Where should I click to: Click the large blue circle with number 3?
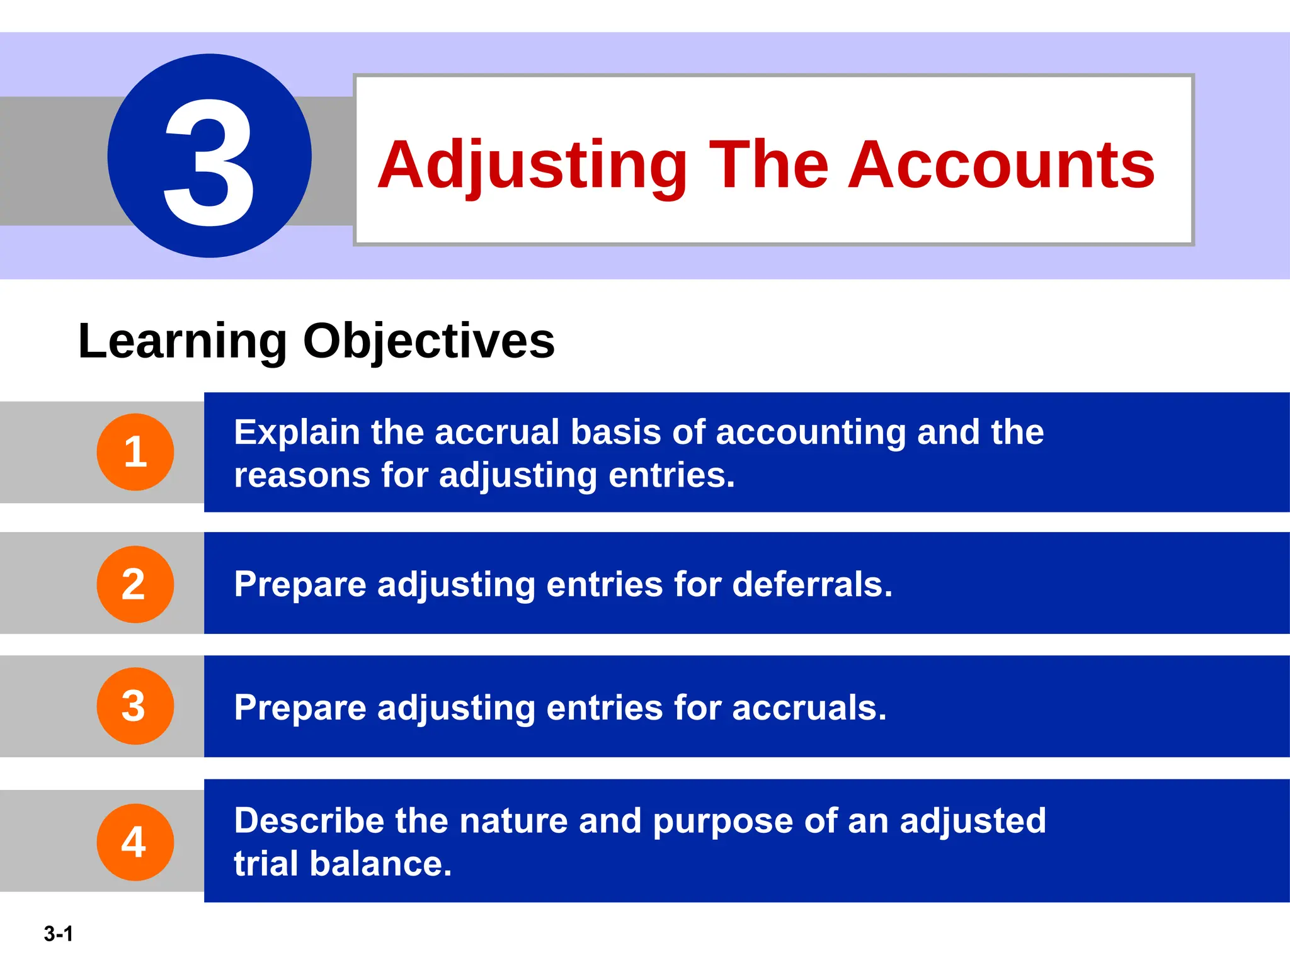click(209, 156)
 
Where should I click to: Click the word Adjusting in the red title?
click(533, 166)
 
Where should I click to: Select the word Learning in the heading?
click(183, 341)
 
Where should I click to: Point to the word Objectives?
click(429, 341)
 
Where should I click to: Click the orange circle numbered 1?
click(135, 452)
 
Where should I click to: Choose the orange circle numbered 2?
click(135, 584)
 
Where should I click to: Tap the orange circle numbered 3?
click(135, 706)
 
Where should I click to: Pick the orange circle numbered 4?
click(135, 842)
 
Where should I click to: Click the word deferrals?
click(812, 584)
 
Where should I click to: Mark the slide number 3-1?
click(59, 934)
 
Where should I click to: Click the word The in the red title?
click(768, 165)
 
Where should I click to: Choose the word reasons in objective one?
click(301, 475)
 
